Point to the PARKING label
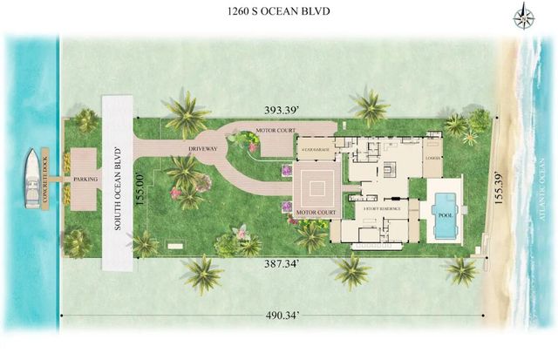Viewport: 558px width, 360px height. tap(85, 180)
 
